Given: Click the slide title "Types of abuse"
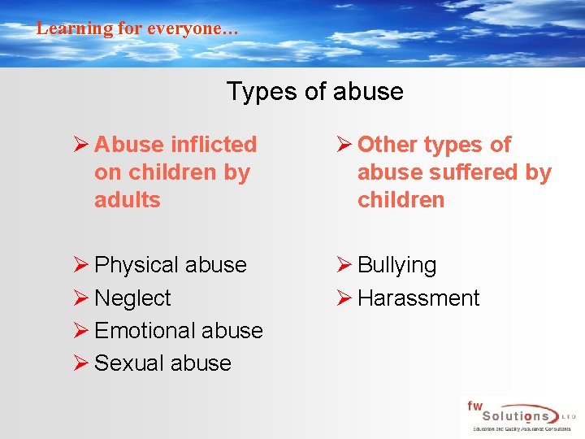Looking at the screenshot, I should (x=314, y=91).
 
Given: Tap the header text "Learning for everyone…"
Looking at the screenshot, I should (x=137, y=28).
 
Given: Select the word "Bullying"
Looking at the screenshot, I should (x=396, y=265).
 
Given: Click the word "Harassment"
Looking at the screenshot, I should (x=418, y=298).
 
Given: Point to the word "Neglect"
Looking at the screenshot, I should (x=132, y=298).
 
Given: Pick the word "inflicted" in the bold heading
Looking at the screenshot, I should (x=214, y=145).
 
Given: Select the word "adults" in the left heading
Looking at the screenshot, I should (x=128, y=200).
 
